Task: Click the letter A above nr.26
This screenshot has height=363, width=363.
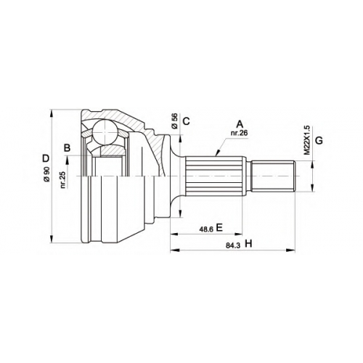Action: pos(240,124)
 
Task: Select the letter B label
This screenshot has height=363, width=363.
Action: pos(67,148)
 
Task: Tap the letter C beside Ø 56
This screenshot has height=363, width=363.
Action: pos(186,121)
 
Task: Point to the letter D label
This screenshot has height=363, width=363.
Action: pos(46,158)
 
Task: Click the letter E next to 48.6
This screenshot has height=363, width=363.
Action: pos(219,227)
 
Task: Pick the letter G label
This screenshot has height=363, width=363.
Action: pos(319,140)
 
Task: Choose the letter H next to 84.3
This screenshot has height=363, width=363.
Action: pos(248,244)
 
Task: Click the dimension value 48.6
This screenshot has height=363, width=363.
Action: pos(206,229)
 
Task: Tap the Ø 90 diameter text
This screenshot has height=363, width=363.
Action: pos(46,174)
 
